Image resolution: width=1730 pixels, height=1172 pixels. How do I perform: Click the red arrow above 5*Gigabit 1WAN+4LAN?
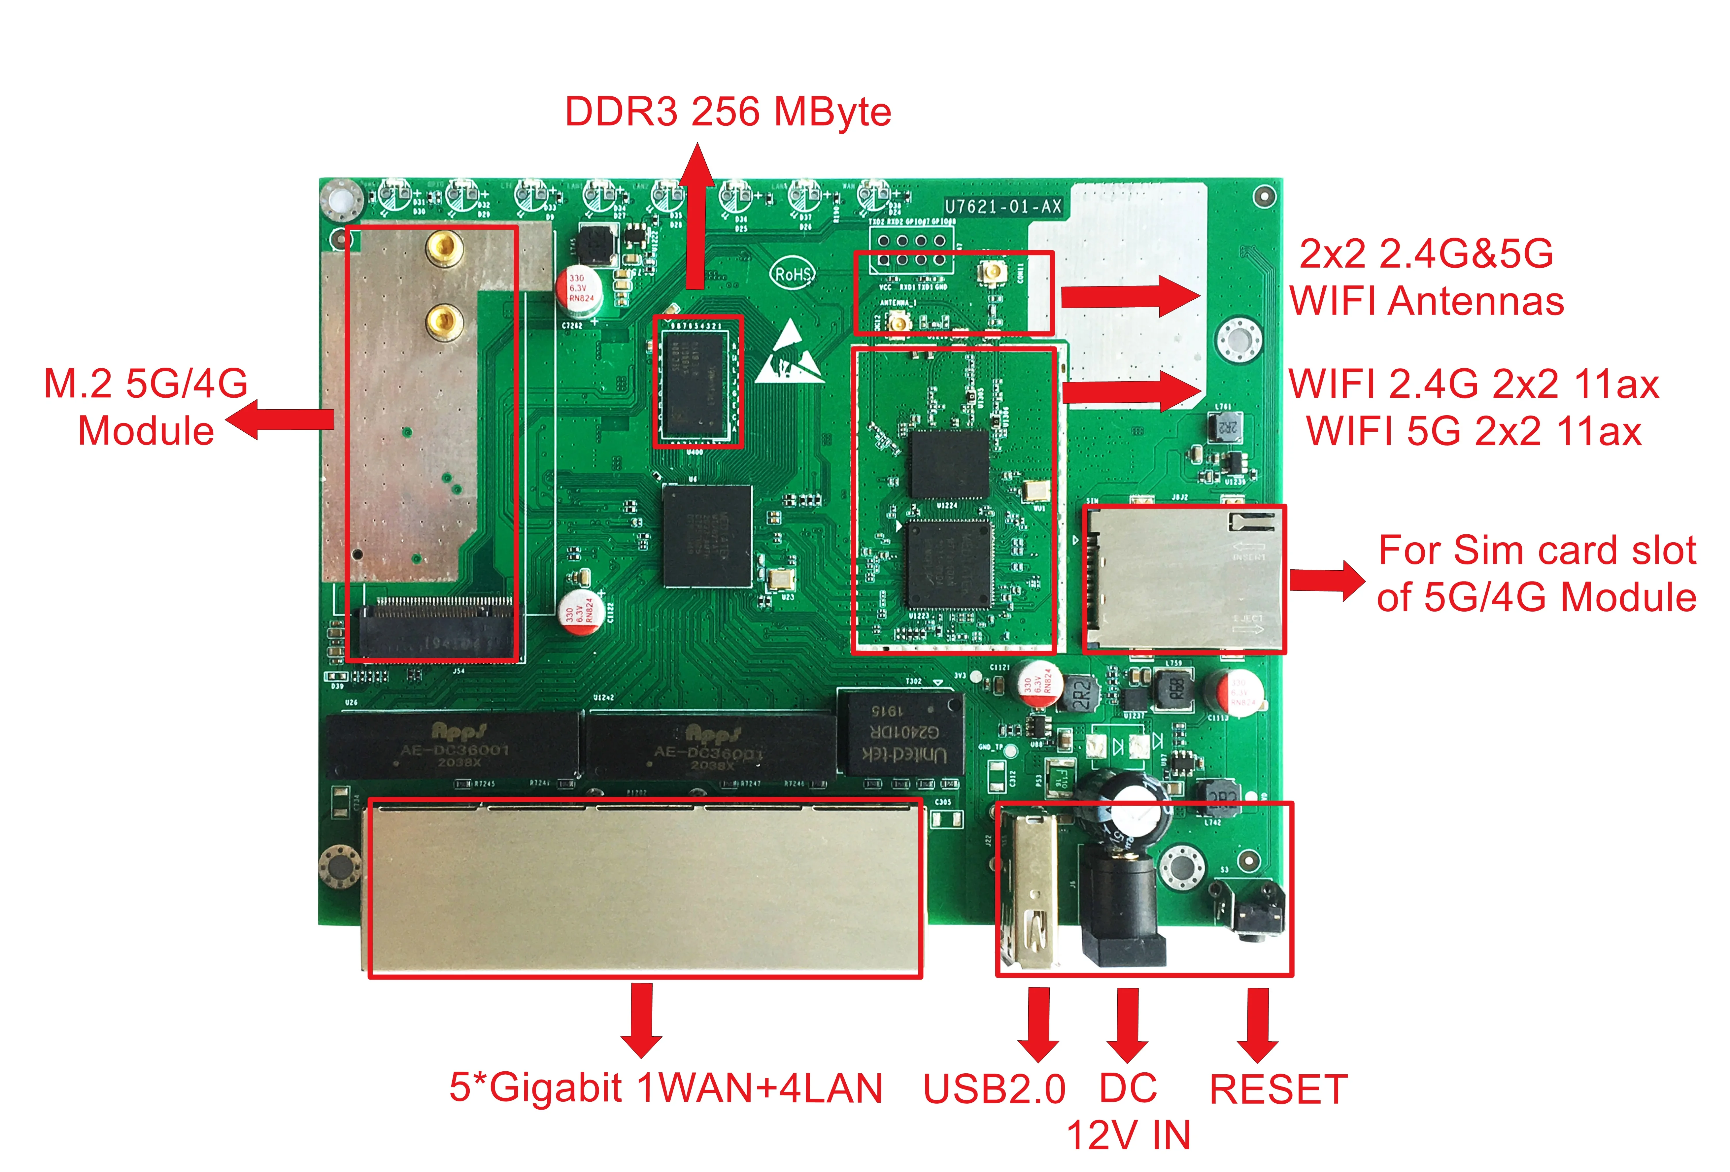(x=641, y=1020)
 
